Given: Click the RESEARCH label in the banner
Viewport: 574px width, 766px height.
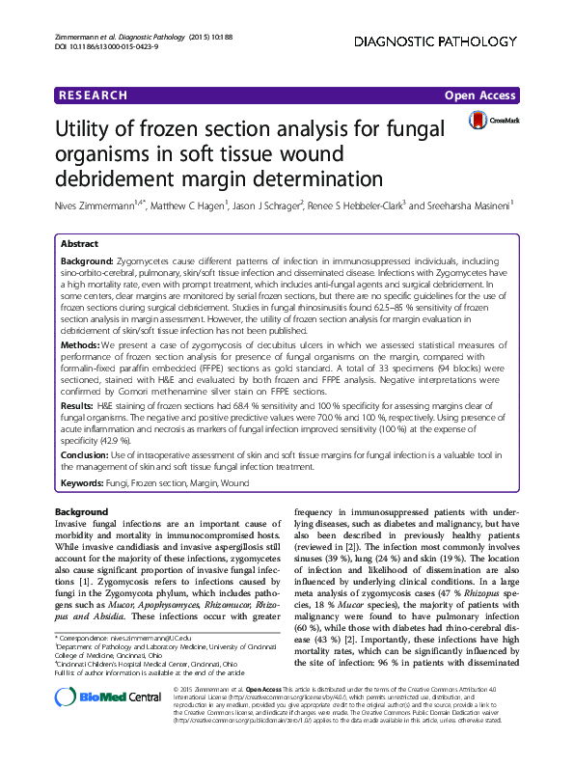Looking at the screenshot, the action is click(x=93, y=96).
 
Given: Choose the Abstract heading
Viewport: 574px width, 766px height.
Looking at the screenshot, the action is click(x=80, y=245).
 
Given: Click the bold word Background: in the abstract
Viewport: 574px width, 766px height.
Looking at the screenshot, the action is click(x=87, y=261).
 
